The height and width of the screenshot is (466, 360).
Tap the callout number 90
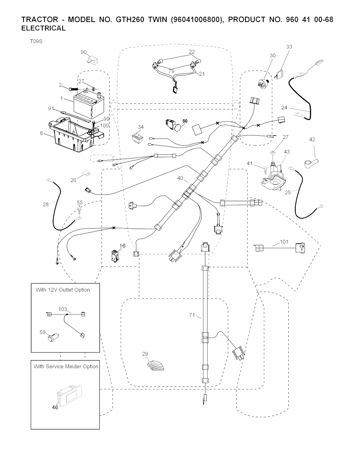pyautogui.click(x=84, y=52)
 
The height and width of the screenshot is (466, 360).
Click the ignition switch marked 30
pyautogui.click(x=264, y=84)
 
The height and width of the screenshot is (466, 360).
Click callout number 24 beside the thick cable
pyautogui.click(x=284, y=108)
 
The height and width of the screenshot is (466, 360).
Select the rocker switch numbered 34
pyautogui.click(x=137, y=139)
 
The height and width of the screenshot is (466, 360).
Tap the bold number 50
pyautogui.click(x=185, y=121)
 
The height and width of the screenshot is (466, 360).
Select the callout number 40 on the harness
pyautogui.click(x=180, y=178)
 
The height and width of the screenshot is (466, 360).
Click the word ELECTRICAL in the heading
pyautogui.click(x=44, y=28)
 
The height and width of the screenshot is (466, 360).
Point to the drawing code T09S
pyautogui.click(x=36, y=42)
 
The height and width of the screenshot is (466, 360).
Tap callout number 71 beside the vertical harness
pyautogui.click(x=192, y=315)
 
